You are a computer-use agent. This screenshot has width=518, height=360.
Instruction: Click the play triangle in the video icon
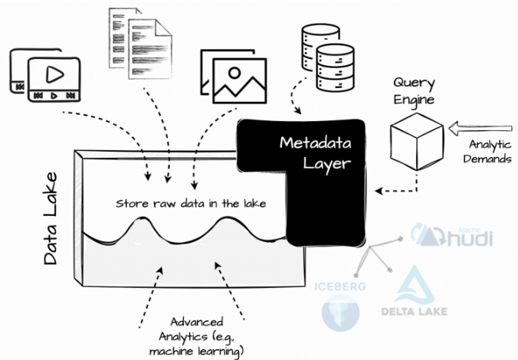[54, 74]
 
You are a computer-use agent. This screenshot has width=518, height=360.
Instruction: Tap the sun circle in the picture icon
[234, 72]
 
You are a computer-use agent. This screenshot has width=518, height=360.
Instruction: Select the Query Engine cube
[417, 142]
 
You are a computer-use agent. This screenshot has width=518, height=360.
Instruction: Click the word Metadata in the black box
[315, 143]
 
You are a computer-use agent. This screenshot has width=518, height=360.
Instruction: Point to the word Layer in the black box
[326, 163]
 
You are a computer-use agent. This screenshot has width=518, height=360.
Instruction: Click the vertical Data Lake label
[51, 218]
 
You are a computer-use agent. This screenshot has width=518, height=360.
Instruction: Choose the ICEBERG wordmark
[340, 286]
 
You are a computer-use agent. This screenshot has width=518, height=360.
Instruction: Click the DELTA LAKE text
[415, 312]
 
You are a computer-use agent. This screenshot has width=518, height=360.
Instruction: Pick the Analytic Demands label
[487, 151]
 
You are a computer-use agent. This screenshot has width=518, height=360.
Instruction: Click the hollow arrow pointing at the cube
[480, 128]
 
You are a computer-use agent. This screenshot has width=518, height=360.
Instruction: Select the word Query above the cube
[414, 83]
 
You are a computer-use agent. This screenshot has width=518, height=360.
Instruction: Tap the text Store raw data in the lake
[191, 204]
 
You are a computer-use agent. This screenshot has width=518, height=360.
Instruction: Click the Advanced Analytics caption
[197, 336]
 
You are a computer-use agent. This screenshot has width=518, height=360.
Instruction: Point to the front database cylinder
[336, 67]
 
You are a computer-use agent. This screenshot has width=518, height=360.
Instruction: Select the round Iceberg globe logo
[340, 313]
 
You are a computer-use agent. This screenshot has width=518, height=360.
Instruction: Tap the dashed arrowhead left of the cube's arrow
[379, 191]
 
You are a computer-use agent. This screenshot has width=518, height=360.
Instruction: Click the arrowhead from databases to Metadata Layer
[297, 110]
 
